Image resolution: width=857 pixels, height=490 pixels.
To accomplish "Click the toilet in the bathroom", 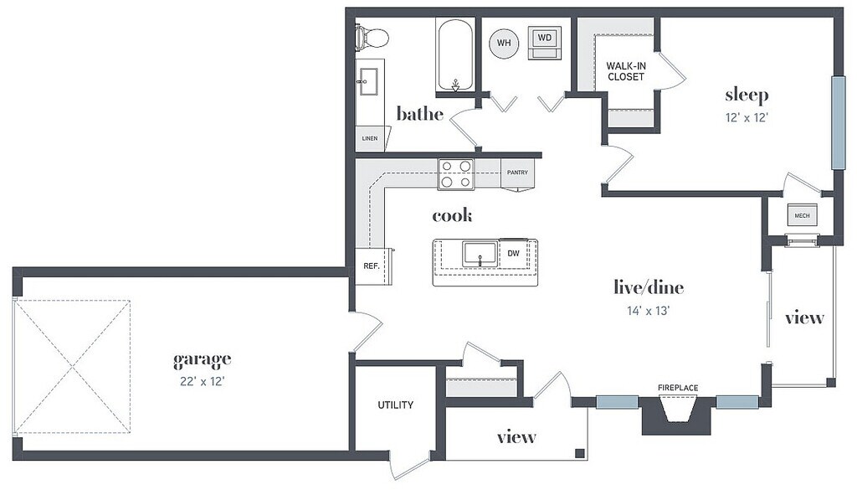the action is coord(370,38).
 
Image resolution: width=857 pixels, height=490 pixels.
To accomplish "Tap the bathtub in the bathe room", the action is coord(454,55).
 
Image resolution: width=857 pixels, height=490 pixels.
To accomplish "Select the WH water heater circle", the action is coord(504,42).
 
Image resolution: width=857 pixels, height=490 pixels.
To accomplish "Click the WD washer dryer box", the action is coord(545,39).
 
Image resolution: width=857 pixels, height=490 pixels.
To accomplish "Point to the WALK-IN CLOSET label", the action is coord(626,70).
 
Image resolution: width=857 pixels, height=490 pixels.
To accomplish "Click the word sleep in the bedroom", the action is coord(746,94).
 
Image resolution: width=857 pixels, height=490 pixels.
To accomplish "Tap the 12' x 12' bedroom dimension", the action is coord(747,117).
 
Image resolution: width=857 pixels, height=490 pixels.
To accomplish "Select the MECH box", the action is coord(802,216).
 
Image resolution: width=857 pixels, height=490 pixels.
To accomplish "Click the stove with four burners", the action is coord(456,173).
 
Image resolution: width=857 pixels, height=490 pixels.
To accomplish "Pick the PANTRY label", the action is coord(517,173).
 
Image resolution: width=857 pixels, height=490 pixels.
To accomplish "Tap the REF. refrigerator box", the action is coord(372,266).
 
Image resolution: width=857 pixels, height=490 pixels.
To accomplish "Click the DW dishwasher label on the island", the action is coord(513,252).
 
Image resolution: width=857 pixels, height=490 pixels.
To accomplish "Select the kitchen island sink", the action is coord(479,254).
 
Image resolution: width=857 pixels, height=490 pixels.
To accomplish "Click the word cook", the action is coord(452,216).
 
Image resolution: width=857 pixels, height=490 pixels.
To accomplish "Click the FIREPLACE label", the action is coord(677,387).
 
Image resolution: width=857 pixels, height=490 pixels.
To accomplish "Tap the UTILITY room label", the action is coord(395,405).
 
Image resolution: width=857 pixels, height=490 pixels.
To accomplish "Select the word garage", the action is coord(202,360).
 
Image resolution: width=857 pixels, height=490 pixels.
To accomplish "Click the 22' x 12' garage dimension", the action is coord(202,381).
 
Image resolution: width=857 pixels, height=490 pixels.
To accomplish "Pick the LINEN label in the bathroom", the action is coord(369,138).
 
